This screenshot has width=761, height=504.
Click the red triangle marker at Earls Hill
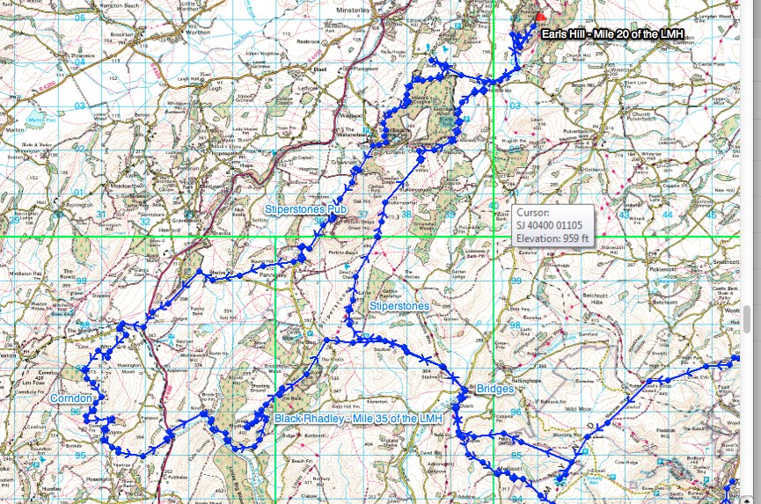click(540, 16)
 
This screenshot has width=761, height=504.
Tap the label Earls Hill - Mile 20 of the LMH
click(612, 34)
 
